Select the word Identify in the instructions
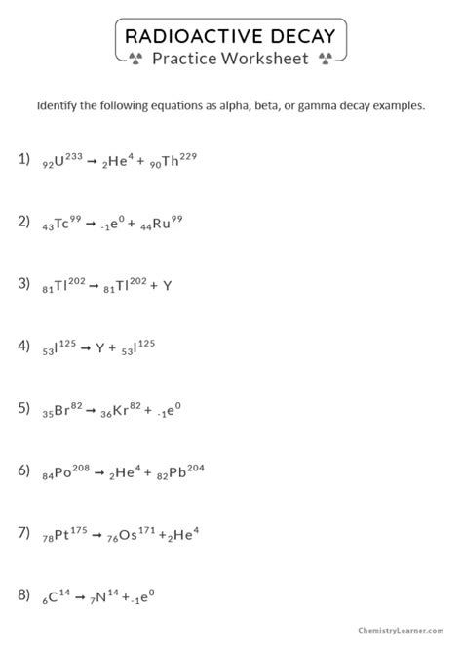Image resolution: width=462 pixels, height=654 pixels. (x=59, y=105)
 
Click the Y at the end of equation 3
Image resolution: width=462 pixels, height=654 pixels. (x=168, y=286)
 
